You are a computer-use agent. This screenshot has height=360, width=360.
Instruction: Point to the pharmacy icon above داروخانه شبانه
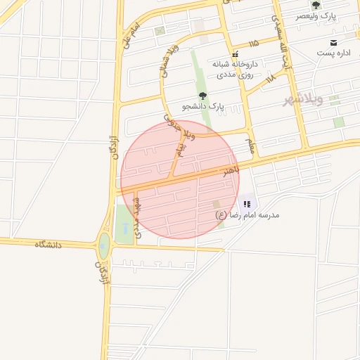click(x=236, y=53)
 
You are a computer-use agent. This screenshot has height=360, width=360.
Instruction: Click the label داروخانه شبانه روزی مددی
click(x=236, y=68)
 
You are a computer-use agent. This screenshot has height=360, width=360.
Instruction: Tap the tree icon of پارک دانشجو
click(x=203, y=96)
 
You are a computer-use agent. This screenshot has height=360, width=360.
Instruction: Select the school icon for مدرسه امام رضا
click(x=246, y=204)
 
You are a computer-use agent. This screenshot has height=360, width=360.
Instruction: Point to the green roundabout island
click(x=104, y=245)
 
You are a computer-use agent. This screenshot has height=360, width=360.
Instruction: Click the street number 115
click(x=254, y=44)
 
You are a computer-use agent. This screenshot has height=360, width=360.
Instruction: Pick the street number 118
click(x=271, y=79)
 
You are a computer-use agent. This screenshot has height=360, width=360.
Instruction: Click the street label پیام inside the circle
click(x=180, y=148)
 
